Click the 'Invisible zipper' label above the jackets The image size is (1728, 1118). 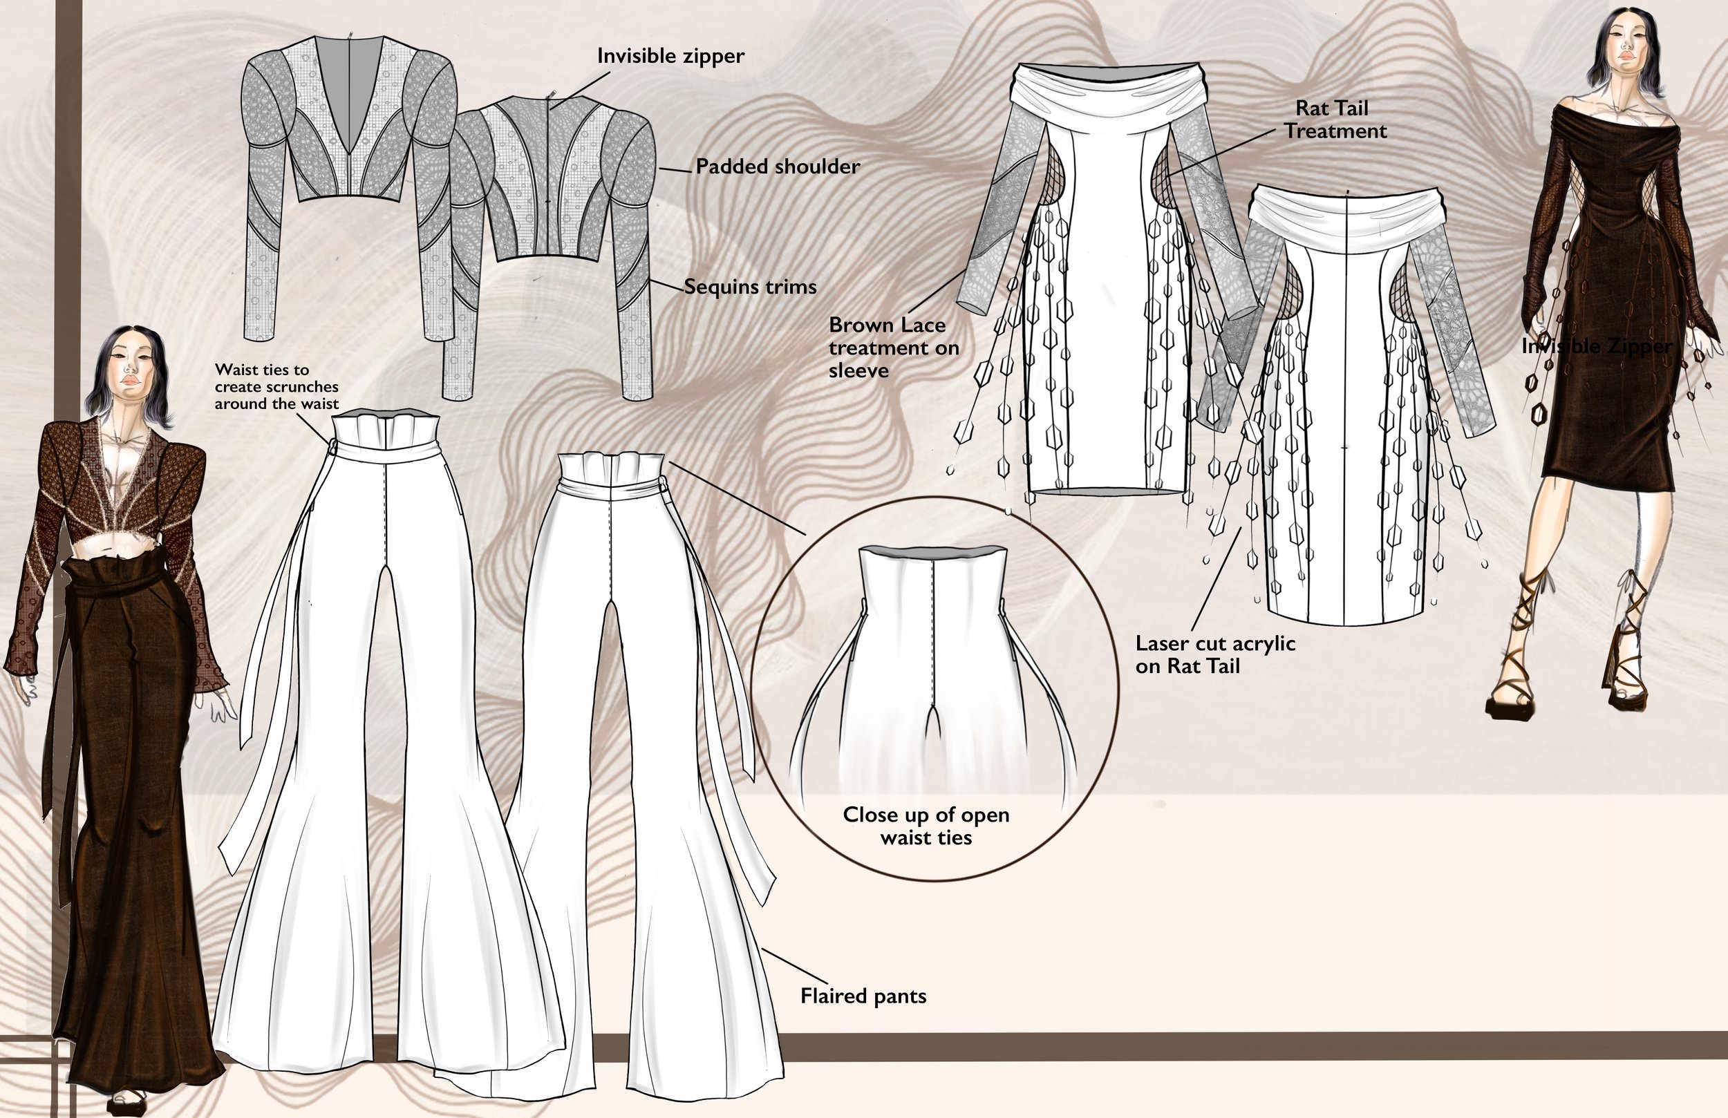click(x=670, y=56)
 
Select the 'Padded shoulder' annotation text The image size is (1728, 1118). click(x=777, y=167)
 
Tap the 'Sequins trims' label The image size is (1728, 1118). click(x=750, y=287)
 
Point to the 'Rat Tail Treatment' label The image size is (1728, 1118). click(x=1335, y=120)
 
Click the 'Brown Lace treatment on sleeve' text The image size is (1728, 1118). click(x=894, y=347)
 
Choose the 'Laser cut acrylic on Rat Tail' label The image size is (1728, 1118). click(x=1214, y=654)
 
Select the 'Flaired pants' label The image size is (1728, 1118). click(x=863, y=995)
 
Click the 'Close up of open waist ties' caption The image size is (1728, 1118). click(x=926, y=826)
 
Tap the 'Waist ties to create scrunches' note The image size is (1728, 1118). click(x=276, y=386)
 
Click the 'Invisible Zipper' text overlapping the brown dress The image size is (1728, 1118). click(x=1597, y=346)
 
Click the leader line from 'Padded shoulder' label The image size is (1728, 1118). click(x=675, y=170)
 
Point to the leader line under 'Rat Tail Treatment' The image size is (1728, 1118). click(x=1220, y=153)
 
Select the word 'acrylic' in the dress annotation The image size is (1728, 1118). click(x=1259, y=643)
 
